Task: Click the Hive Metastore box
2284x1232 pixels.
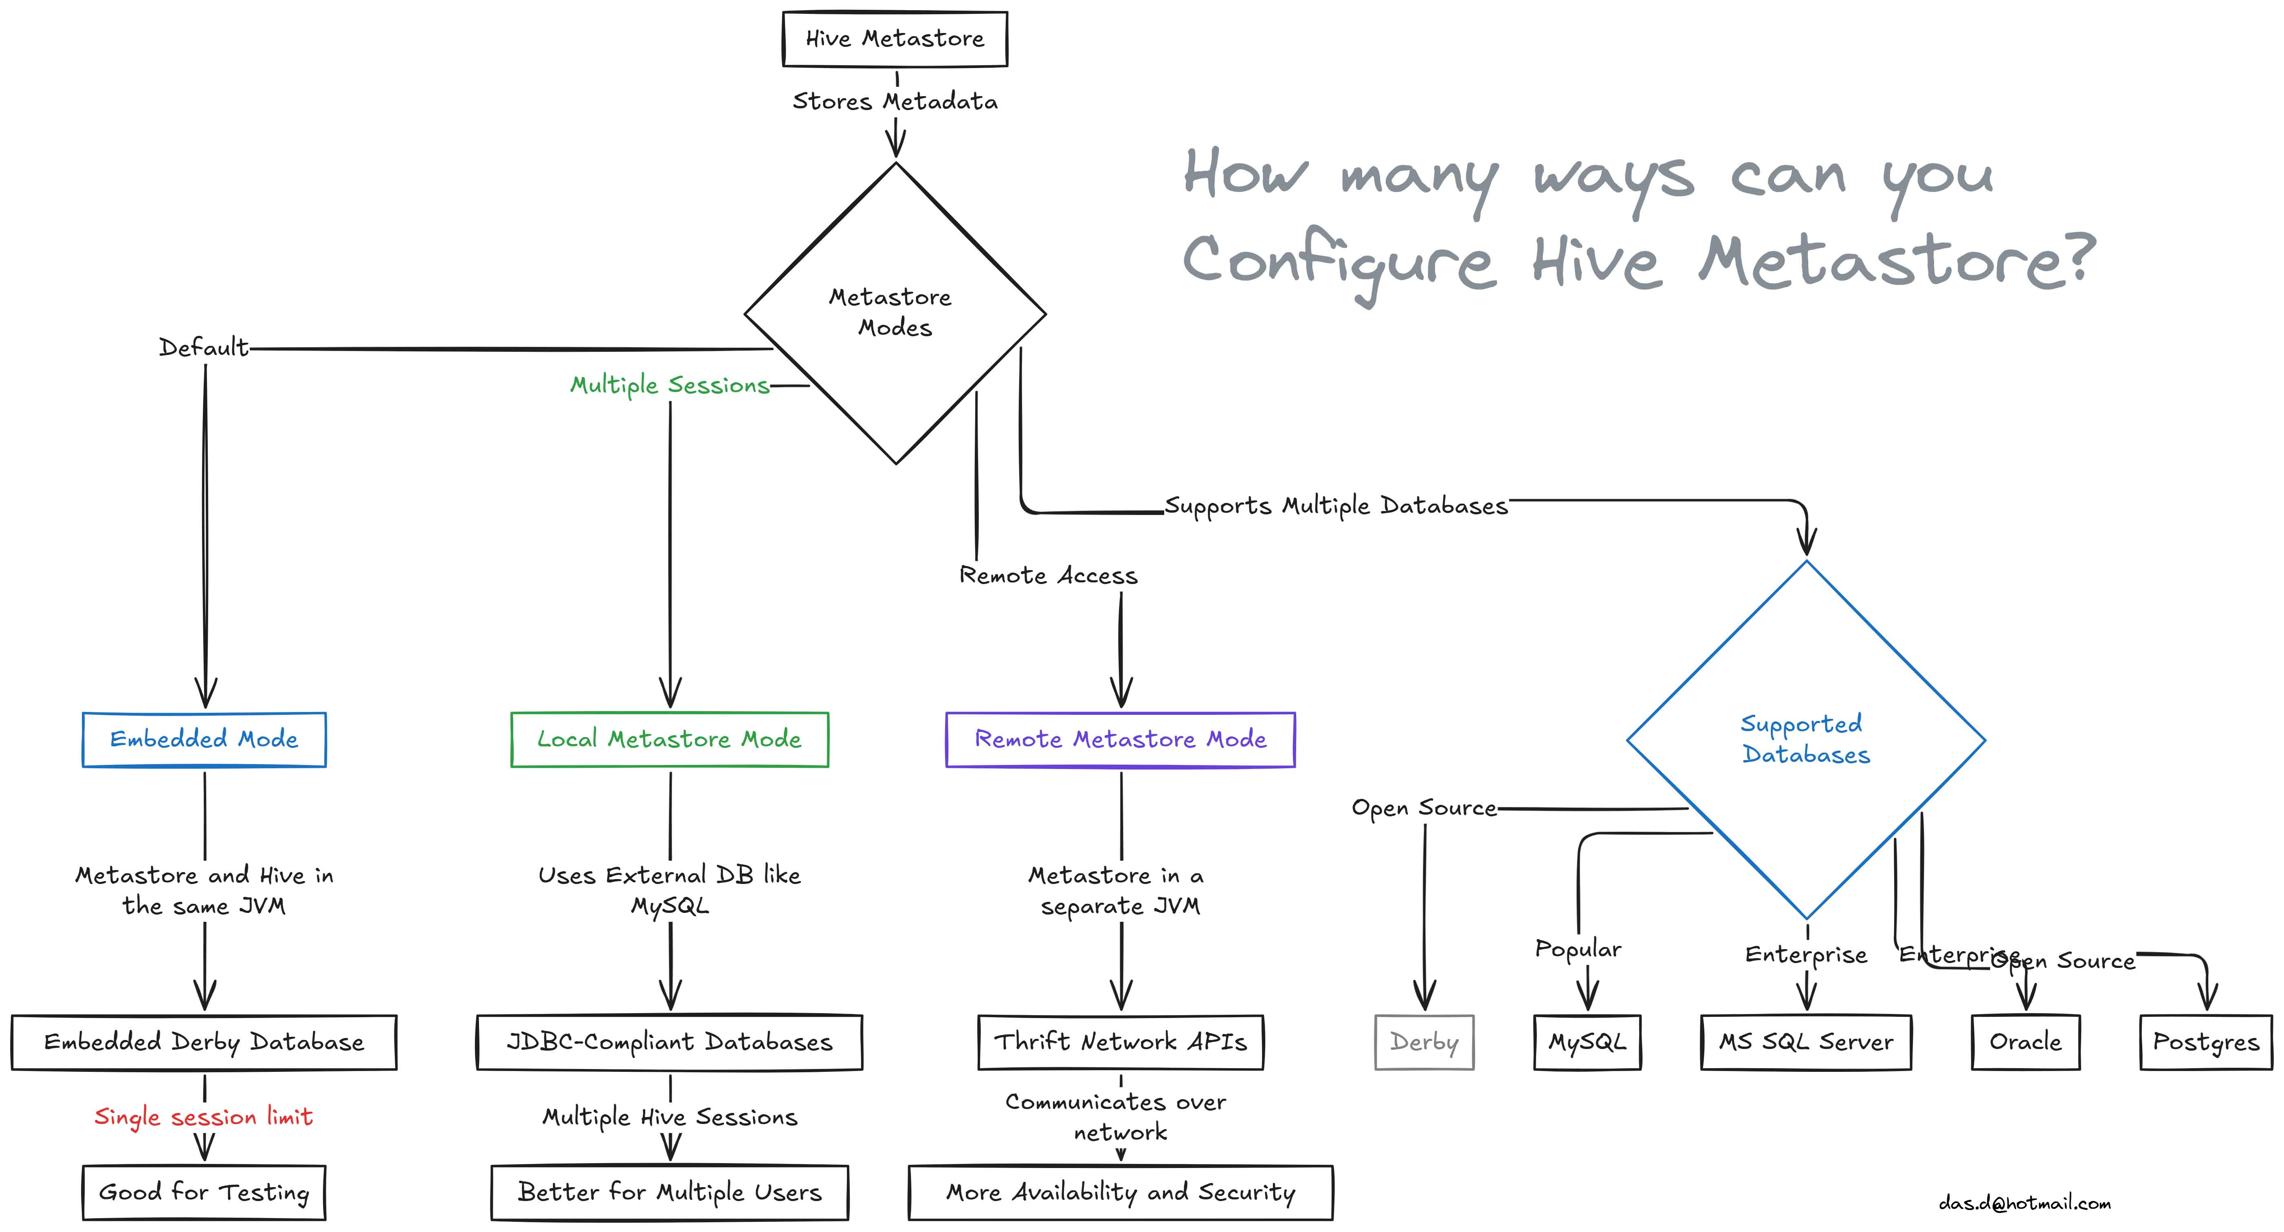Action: [x=895, y=39]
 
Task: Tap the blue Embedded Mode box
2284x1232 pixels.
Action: [x=204, y=740]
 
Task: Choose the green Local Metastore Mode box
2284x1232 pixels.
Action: [x=669, y=740]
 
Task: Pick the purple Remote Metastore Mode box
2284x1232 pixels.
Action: [x=1121, y=740]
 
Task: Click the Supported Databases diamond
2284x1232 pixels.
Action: [x=1806, y=740]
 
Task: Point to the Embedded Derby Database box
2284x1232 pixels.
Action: [x=204, y=1042]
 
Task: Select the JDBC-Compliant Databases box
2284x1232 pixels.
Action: [x=669, y=1042]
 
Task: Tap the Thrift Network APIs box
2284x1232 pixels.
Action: [x=1121, y=1042]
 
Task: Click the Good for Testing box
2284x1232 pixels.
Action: [x=204, y=1193]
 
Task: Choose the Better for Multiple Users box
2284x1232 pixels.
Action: [x=669, y=1193]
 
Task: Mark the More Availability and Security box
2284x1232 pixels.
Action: [x=1121, y=1193]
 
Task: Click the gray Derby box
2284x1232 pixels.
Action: [x=1424, y=1042]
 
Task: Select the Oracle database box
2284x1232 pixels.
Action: [x=2025, y=1042]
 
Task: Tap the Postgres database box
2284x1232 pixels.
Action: [x=2206, y=1042]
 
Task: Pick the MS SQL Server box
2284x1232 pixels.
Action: [x=1806, y=1042]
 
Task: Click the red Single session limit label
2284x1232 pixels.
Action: [x=204, y=1117]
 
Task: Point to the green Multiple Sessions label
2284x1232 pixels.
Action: [x=669, y=385]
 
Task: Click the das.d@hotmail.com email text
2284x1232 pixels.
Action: [x=2024, y=1203]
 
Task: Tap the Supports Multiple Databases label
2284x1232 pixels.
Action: [x=1336, y=506]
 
